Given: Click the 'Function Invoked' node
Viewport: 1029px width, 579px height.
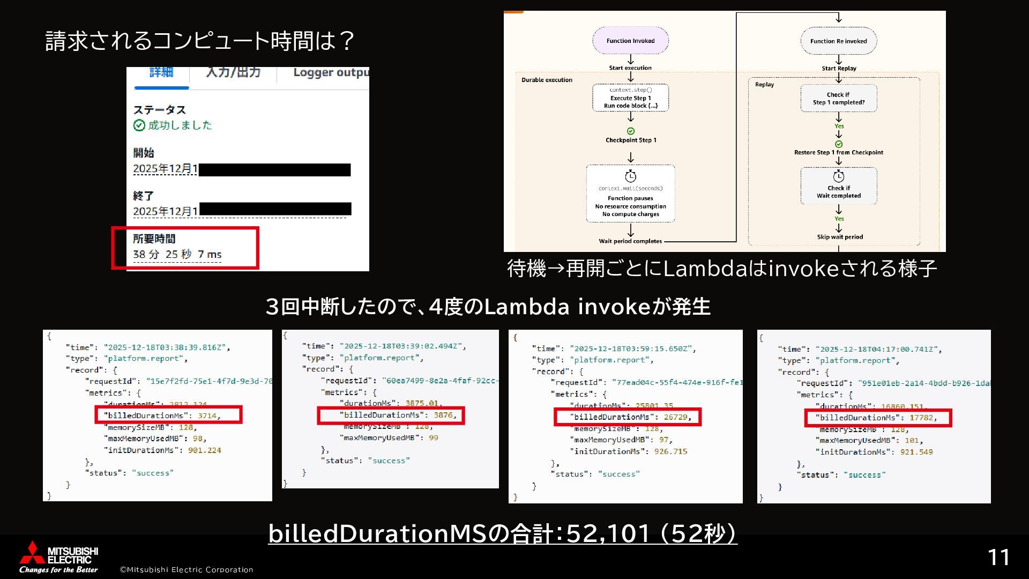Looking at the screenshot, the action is click(x=630, y=41).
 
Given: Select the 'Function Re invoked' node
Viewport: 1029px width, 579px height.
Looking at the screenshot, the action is click(x=838, y=41).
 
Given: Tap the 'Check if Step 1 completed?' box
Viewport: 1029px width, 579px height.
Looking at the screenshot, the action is click(x=838, y=98).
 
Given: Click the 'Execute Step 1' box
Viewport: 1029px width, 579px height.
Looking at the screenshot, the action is click(x=630, y=98).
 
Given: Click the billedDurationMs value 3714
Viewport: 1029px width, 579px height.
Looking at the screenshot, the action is click(x=206, y=415).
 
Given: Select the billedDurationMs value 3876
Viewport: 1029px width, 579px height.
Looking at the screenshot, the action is click(x=443, y=415).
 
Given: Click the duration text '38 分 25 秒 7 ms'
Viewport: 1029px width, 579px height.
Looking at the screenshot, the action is click(x=177, y=254).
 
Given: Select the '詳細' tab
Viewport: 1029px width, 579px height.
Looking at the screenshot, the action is click(x=161, y=73).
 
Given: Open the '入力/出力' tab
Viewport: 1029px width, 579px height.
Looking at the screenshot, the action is click(x=233, y=73).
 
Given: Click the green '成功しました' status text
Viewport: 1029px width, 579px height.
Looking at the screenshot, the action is click(x=180, y=125).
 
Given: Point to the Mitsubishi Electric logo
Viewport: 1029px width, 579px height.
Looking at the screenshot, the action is click(x=59, y=558).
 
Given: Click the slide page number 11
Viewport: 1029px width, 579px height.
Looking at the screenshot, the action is click(x=998, y=558).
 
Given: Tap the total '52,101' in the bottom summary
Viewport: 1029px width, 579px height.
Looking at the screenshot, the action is click(x=608, y=533).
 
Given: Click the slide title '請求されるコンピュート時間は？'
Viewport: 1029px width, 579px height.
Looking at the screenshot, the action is click(x=200, y=41).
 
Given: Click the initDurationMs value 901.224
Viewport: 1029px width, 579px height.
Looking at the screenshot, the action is click(x=204, y=450).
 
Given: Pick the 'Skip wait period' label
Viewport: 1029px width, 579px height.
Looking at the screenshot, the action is click(x=839, y=237).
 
